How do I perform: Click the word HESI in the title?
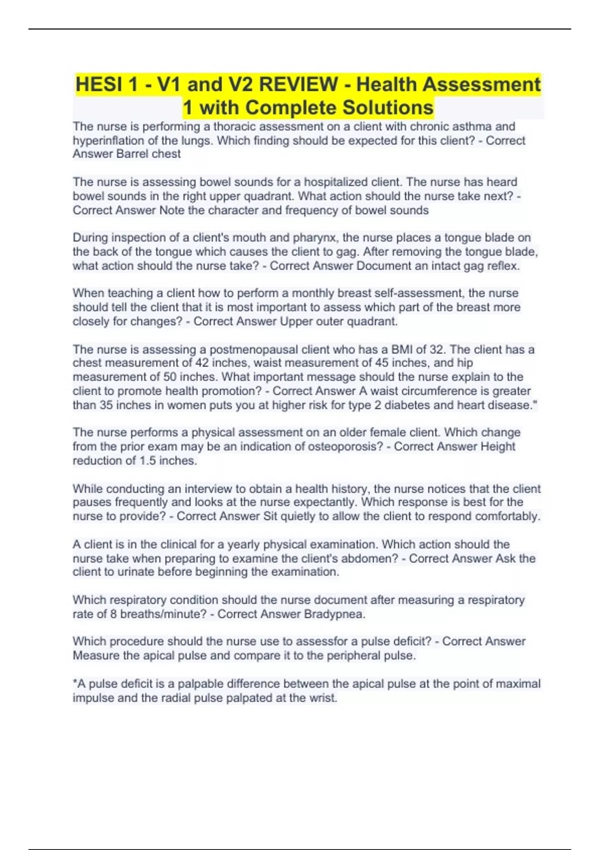point(98,84)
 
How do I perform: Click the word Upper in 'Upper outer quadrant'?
point(295,321)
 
